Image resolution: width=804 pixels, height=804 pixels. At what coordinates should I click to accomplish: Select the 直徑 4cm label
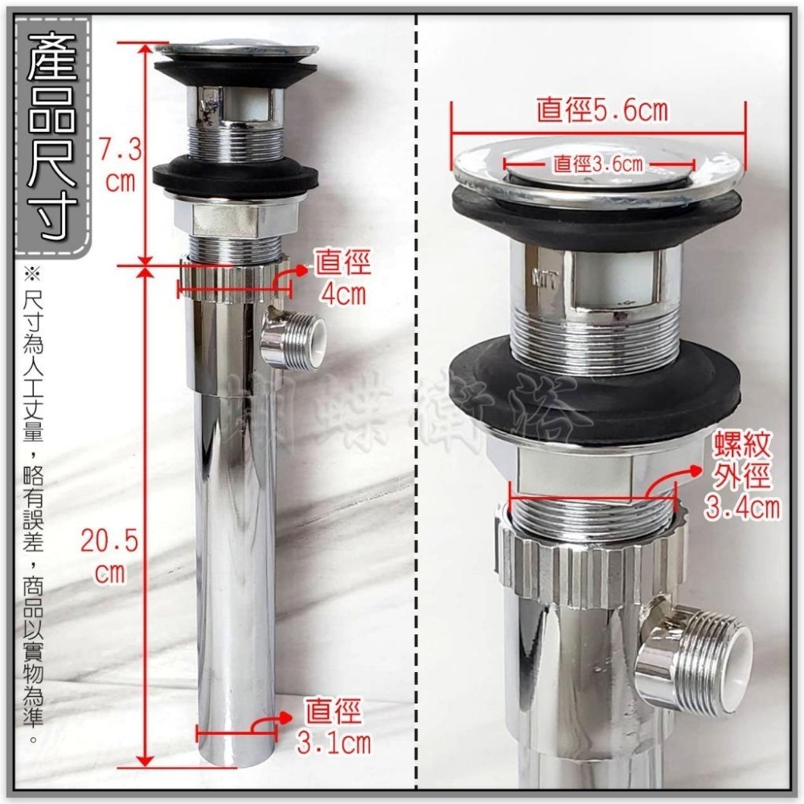click(x=340, y=277)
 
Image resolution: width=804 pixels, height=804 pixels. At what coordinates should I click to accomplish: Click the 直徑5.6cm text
click(x=602, y=111)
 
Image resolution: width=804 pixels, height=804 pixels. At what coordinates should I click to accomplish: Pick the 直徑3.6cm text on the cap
click(x=598, y=165)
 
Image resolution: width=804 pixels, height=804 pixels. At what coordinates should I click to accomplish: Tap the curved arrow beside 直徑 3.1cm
click(x=266, y=724)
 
